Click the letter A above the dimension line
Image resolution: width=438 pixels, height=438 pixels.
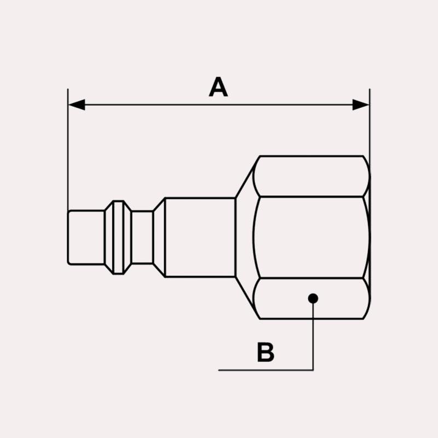click(x=218, y=87)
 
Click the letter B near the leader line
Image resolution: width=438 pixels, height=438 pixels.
click(x=266, y=352)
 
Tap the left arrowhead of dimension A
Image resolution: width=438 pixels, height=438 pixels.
click(x=77, y=105)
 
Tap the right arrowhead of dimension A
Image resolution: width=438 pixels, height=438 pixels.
click(x=361, y=105)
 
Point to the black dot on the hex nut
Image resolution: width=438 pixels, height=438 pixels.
click(x=313, y=298)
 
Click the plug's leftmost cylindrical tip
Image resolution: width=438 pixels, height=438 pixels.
click(x=86, y=237)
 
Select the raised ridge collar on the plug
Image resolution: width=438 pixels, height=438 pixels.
click(x=118, y=237)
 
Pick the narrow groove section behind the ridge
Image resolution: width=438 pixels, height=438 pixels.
click(x=142, y=237)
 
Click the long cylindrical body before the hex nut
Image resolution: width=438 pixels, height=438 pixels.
click(x=200, y=237)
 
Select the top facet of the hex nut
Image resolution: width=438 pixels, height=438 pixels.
click(x=312, y=176)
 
